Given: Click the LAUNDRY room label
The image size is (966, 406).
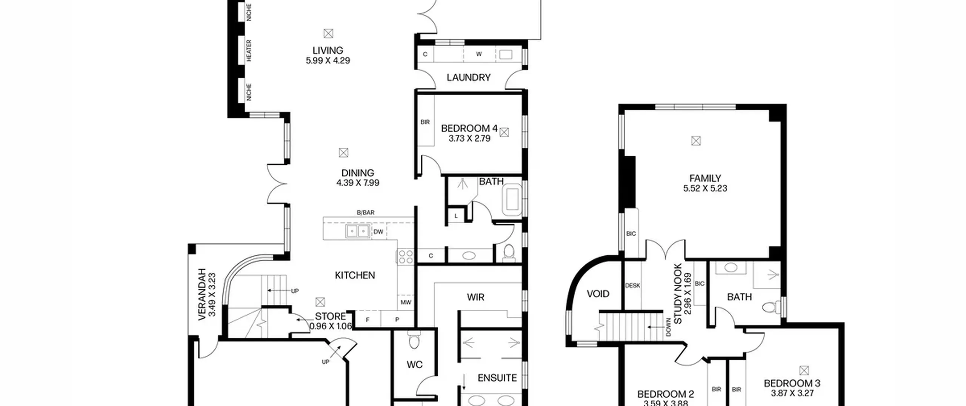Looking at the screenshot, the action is coord(468,77).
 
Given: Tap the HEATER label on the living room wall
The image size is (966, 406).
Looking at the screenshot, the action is coord(249,51).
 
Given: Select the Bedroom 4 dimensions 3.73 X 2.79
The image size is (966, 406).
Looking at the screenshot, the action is coord(469,139).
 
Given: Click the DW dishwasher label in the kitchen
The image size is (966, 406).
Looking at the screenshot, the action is coord(378,232).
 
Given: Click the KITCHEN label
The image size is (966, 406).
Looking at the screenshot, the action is coord(355,275).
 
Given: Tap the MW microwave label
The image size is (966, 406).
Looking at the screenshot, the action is coord(406,303).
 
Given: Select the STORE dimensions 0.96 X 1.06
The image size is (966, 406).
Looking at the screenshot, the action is coord(331,326).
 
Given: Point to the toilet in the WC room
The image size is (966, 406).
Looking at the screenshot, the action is coord(414,340).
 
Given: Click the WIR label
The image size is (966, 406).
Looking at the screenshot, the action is coord(475,298).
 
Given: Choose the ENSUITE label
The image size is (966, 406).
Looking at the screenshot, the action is coord(497,378).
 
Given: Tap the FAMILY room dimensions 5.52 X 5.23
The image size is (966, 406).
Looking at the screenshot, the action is coord(705,188).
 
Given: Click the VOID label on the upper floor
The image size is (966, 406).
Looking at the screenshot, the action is coord(598,294).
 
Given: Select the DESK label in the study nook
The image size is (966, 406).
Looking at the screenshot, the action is coord(632,286).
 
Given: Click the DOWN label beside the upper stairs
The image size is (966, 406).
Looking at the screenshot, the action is coord(668,327).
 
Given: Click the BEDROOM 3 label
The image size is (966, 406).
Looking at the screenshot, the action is coord(792,383).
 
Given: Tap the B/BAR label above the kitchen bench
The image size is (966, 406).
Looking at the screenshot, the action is coord(366,213).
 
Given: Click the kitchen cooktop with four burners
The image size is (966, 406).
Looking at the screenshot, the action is coord(406,257).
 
